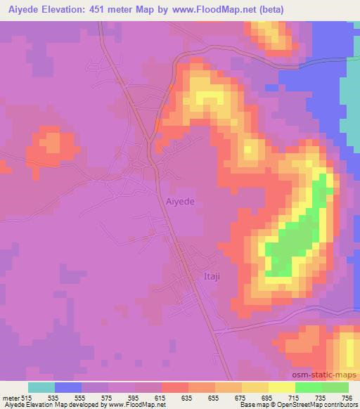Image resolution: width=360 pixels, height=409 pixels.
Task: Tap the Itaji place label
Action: point(212,276)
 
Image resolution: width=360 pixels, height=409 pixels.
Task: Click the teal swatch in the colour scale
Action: point(41,387)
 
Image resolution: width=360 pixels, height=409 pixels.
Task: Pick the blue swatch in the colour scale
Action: point(68,387)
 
